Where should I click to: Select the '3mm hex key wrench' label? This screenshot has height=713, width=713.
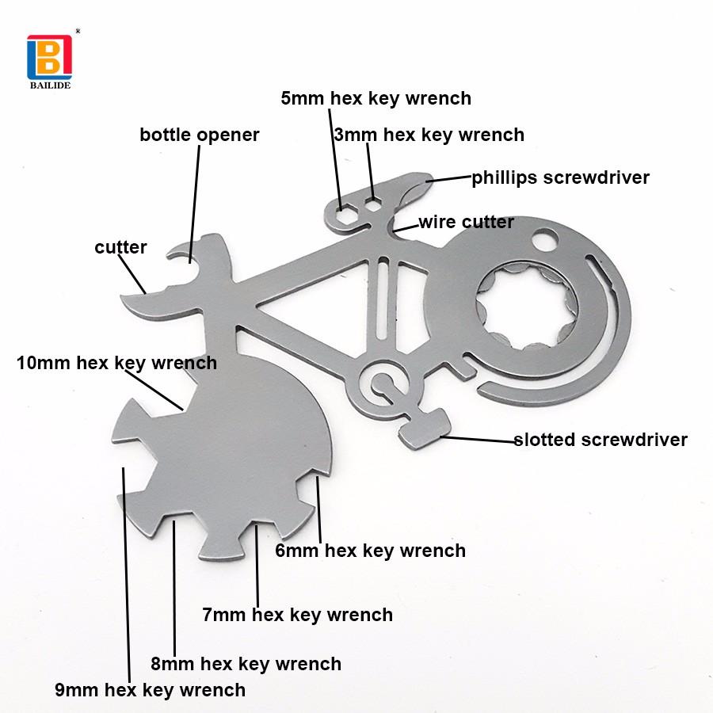click(429, 135)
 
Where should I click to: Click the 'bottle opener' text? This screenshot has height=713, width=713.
click(200, 135)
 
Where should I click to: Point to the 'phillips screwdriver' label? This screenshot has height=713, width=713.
click(560, 177)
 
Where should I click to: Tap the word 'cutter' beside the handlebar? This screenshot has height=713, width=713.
click(120, 247)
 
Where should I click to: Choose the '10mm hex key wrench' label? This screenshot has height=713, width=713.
click(116, 363)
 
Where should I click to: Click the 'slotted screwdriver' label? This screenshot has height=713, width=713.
click(601, 439)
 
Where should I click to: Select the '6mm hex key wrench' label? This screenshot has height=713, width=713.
click(370, 550)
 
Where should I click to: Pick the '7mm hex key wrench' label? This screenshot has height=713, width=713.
click(297, 614)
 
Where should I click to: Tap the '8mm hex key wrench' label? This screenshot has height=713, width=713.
click(246, 664)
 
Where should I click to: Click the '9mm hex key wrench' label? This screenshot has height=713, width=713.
click(150, 690)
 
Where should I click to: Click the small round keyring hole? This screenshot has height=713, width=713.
click(546, 238)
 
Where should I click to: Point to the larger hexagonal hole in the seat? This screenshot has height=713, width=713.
click(345, 212)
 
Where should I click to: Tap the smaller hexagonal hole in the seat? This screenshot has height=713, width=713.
click(370, 204)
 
